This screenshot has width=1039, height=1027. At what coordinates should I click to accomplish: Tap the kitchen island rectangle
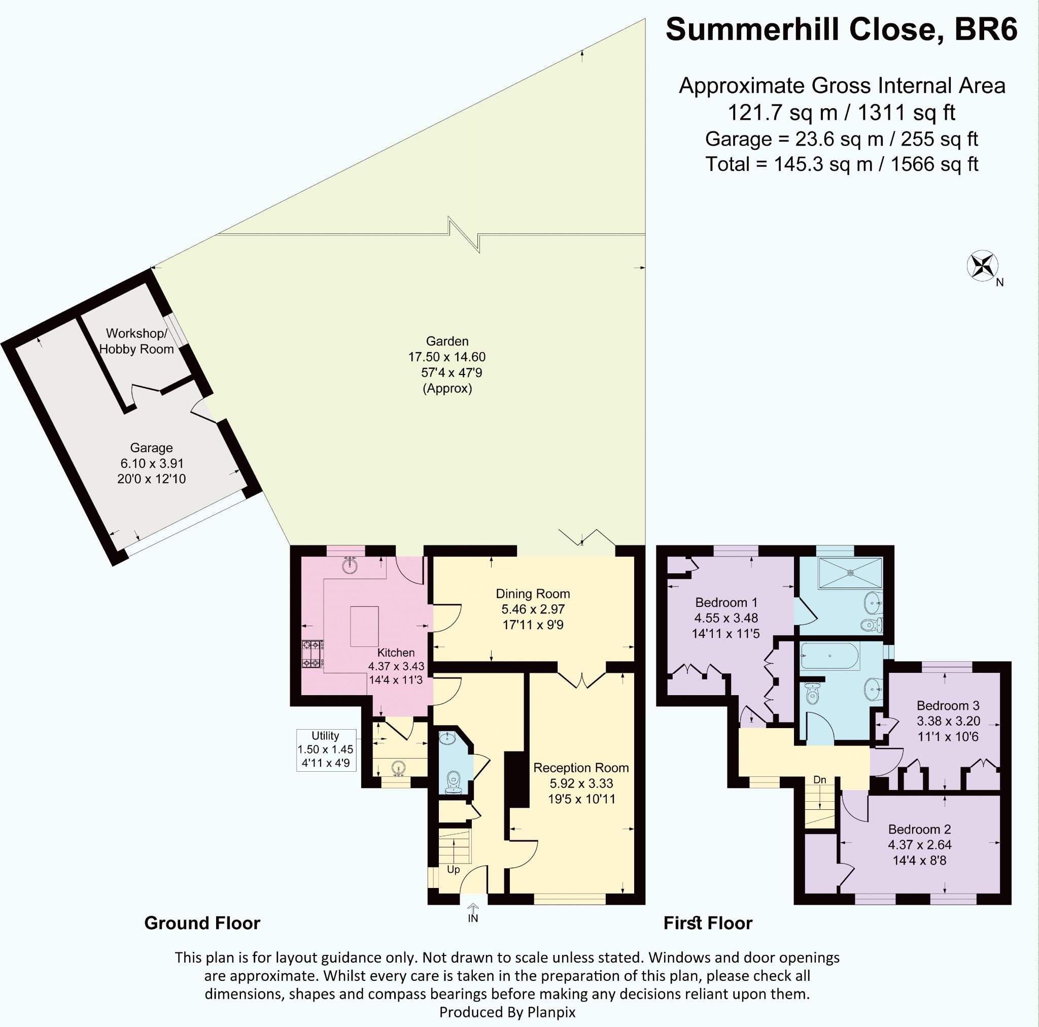(364, 626)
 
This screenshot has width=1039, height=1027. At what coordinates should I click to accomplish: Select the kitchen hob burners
(311, 653)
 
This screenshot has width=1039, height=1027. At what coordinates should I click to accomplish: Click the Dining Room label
(532, 594)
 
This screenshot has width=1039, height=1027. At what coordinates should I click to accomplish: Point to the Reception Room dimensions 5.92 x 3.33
(581, 783)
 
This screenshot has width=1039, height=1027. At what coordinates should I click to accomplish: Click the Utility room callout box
(326, 750)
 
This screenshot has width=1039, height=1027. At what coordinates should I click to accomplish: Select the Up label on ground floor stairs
(454, 870)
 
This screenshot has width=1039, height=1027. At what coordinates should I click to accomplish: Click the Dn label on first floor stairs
(820, 779)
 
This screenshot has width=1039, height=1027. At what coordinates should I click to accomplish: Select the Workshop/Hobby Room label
(136, 341)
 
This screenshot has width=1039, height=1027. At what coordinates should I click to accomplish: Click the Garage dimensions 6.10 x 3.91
(152, 463)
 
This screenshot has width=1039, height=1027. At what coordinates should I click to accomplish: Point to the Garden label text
(447, 341)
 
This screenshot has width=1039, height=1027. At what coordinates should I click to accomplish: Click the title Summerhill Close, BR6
(842, 29)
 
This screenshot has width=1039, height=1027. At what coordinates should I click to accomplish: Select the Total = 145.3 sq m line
(842, 164)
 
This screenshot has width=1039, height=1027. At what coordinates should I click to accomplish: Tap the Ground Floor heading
(202, 923)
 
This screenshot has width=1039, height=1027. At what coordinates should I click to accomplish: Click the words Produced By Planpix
(507, 1012)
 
